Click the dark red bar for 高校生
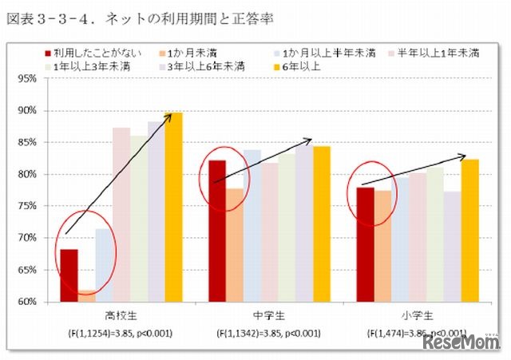69,275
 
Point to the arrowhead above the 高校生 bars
171,116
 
